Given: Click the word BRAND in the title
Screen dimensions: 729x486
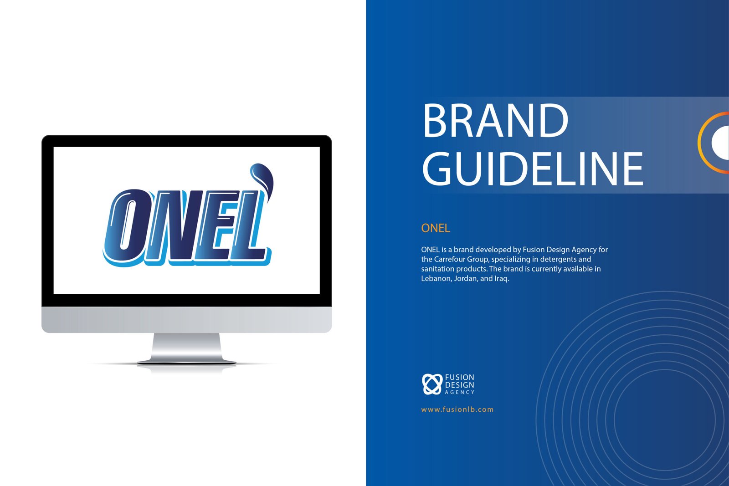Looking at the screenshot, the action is pyautogui.click(x=495, y=120).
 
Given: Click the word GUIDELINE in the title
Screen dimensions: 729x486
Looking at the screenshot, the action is pyautogui.click(x=533, y=168).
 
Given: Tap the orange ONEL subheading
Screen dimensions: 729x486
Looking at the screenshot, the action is pyautogui.click(x=436, y=228).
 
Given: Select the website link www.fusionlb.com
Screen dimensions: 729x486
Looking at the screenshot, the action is pyautogui.click(x=457, y=409).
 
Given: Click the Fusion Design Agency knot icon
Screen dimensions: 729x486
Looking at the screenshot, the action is pyautogui.click(x=432, y=384).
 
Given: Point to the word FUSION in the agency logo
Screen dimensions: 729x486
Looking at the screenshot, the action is pyautogui.click(x=460, y=377).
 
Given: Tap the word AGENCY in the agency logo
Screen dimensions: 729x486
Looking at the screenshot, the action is pyautogui.click(x=460, y=392).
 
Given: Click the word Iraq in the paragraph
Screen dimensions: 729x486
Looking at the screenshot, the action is pyautogui.click(x=502, y=279).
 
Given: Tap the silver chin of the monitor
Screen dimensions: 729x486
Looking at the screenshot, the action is pyautogui.click(x=186, y=319).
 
